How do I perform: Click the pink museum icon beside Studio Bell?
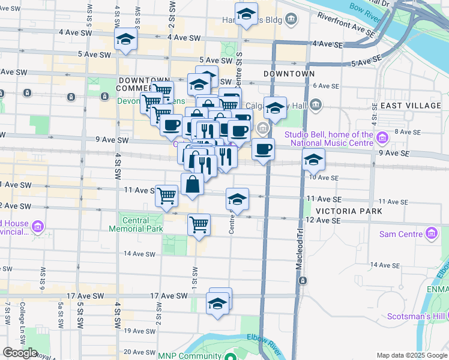(x=382, y=140)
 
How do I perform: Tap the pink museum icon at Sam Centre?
(x=431, y=233)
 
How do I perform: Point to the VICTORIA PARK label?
(x=348, y=212)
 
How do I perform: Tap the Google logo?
(x=20, y=353)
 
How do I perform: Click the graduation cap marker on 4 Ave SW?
(x=126, y=40)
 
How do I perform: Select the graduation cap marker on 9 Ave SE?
(x=313, y=160)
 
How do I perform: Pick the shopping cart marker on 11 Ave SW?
(x=167, y=196)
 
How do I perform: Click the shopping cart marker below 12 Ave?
(x=199, y=226)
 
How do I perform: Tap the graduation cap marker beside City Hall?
(x=275, y=109)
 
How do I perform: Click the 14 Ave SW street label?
(x=140, y=254)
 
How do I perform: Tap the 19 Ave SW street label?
(x=140, y=331)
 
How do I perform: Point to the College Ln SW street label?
(x=22, y=320)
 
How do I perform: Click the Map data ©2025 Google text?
(x=411, y=355)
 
